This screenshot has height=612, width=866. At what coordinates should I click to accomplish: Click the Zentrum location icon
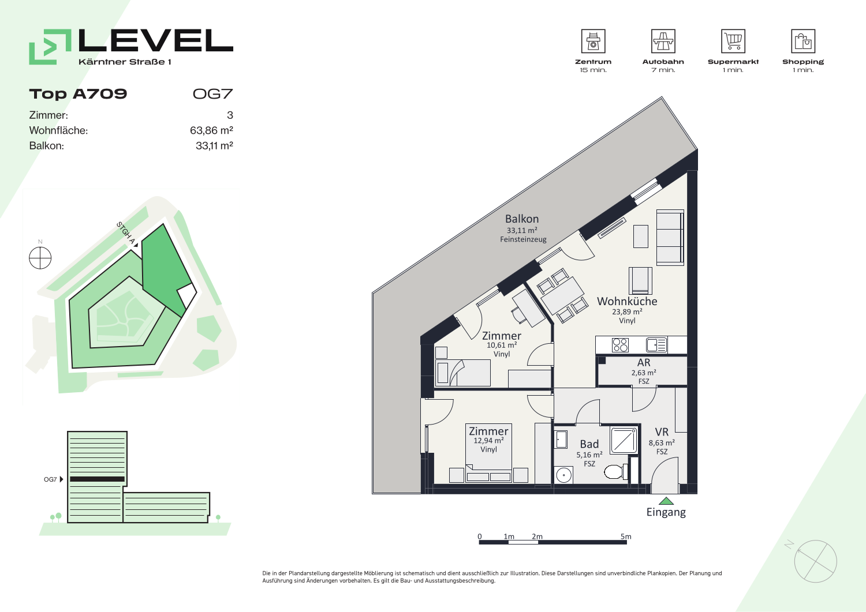click(x=593, y=41)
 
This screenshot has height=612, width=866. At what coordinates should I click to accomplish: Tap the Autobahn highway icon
click(x=663, y=41)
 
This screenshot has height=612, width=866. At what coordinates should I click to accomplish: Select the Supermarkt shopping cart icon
click(x=733, y=41)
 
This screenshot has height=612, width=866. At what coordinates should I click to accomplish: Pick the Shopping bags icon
click(x=803, y=41)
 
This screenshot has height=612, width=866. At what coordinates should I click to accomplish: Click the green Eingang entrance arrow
click(x=666, y=501)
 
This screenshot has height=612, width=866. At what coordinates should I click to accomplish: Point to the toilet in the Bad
click(x=616, y=471)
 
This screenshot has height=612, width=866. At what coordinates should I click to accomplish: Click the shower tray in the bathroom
click(x=624, y=440)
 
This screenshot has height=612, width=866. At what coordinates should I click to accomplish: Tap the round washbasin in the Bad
click(x=563, y=475)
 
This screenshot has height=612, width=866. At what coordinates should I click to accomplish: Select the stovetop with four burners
click(x=620, y=345)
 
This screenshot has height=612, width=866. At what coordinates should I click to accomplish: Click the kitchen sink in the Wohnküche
click(x=656, y=345)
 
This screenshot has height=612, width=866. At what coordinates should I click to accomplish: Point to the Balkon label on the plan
click(x=522, y=219)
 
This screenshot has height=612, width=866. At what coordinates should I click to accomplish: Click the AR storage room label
click(x=644, y=362)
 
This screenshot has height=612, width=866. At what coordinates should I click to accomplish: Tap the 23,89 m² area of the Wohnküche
click(x=627, y=311)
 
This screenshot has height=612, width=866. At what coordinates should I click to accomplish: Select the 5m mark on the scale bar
click(x=626, y=536)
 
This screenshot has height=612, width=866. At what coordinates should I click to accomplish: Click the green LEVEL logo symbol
click(x=50, y=47)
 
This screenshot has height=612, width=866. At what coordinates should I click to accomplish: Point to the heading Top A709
click(x=78, y=94)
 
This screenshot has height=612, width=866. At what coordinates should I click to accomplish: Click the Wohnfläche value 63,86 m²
click(x=211, y=130)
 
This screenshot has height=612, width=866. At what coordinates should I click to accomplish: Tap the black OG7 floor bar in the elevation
click(x=97, y=479)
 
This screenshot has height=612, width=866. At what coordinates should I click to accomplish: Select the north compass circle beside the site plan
click(x=40, y=258)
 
